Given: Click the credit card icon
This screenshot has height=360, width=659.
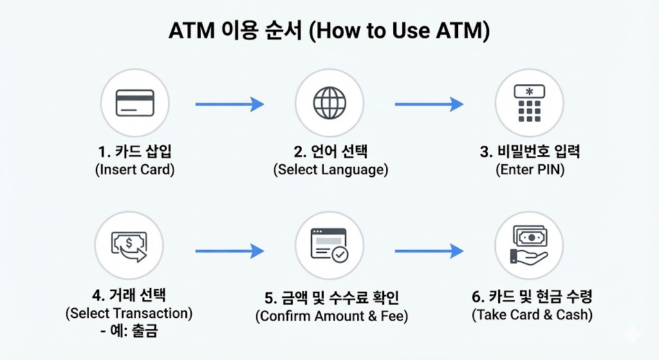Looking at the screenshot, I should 135,103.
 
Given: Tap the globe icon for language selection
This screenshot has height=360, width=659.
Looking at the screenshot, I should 329,103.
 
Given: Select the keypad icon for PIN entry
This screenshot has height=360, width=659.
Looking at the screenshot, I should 529,103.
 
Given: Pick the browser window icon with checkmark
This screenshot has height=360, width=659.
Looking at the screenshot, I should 329,245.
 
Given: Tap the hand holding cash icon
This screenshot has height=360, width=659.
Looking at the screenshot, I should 529,246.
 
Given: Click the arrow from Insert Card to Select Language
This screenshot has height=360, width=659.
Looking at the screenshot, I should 229,104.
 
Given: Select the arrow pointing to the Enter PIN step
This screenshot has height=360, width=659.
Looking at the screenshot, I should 429,104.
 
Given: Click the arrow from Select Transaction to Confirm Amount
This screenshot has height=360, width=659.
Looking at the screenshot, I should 229,251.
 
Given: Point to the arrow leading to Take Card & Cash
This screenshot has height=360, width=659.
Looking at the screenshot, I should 429,251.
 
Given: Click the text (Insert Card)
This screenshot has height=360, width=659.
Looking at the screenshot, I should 135,170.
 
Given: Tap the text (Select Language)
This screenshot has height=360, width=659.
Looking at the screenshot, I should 330,170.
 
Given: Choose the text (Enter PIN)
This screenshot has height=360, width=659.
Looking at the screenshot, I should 530,170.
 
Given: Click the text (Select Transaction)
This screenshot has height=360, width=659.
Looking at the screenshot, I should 129,314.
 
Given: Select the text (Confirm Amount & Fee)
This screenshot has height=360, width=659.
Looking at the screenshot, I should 331,316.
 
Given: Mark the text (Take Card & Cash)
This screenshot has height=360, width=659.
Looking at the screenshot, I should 532,315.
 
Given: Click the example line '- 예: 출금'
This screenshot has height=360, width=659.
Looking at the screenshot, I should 129,332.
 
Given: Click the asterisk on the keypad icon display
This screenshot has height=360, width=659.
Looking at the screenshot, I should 529,91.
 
